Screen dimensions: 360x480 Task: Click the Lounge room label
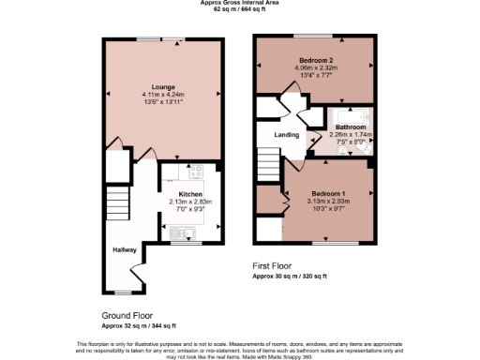pyautogui.click(x=164, y=87)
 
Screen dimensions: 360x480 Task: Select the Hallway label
pyautogui.click(x=126, y=250)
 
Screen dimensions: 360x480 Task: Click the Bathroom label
pyautogui.click(x=351, y=127)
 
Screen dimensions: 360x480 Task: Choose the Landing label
pyautogui.click(x=286, y=135)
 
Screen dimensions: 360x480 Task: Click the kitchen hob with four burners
pyautogui.click(x=197, y=172)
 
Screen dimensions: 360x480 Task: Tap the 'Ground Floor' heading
pyautogui.click(x=127, y=315)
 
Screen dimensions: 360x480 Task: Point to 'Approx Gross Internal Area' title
pyautogui.click(x=239, y=3)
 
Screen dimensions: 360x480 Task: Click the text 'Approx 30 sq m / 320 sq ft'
pyautogui.click(x=290, y=277)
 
